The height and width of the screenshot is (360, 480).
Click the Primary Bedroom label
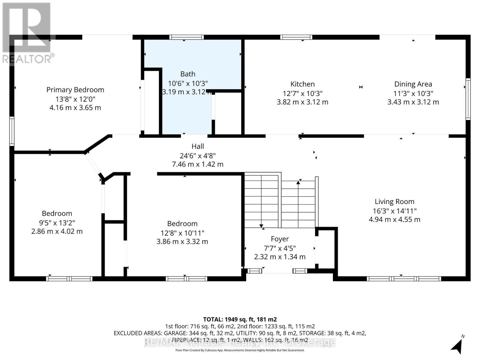tap(75, 90)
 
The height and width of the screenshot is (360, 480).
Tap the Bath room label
tap(188, 74)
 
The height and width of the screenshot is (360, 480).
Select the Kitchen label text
tap(302, 84)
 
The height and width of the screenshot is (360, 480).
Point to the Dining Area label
tap(413, 84)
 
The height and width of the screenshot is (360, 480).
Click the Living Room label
tap(394, 202)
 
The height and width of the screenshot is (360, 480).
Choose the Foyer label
tap(280, 239)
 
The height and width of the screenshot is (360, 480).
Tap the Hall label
tap(198, 146)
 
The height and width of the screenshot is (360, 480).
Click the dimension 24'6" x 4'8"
tap(198, 156)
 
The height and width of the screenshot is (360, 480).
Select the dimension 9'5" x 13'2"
tap(57, 223)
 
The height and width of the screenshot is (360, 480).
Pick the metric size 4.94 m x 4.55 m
tap(394, 220)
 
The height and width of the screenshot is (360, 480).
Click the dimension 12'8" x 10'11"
tap(182, 233)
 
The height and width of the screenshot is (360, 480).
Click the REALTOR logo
tap(27, 33)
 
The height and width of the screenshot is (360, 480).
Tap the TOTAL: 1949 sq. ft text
tap(240, 319)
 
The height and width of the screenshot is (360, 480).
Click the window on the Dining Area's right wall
tap(468, 99)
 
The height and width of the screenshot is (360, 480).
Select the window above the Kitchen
tap(296, 37)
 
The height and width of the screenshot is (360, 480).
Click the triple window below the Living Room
tap(404, 279)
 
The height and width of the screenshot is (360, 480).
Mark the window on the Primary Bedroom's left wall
tap(12, 131)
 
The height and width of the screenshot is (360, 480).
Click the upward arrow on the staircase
tap(298, 182)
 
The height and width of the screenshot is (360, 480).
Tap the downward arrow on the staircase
tap(261, 226)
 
